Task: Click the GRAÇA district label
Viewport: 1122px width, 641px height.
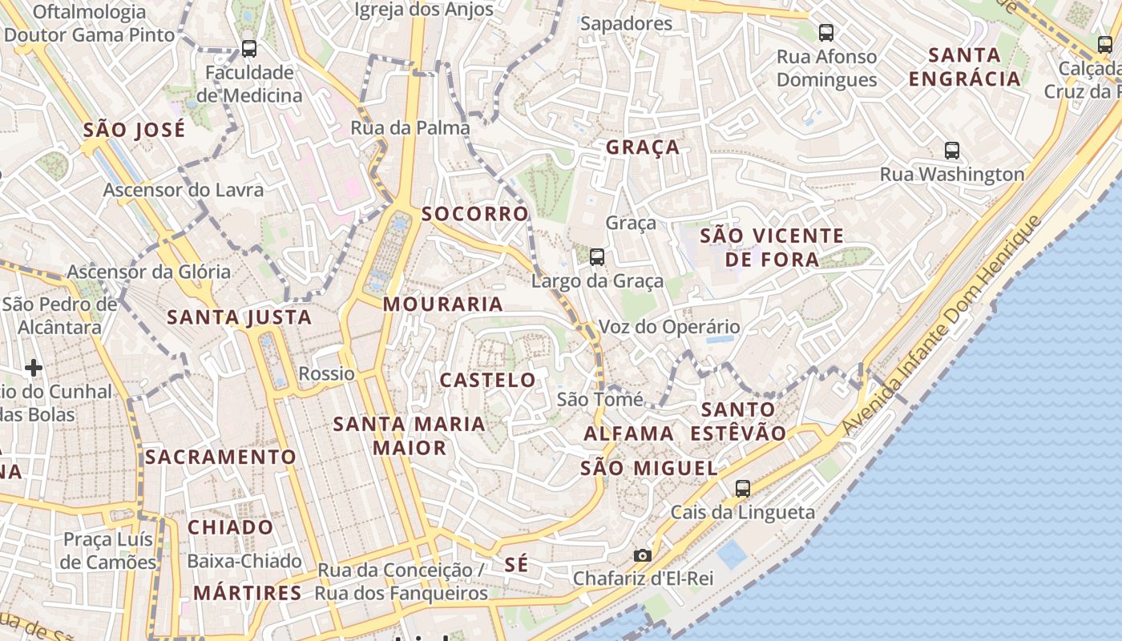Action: pos(643,147)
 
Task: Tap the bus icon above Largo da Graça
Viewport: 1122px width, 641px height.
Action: pos(597,257)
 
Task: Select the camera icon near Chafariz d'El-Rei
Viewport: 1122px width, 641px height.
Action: pos(642,555)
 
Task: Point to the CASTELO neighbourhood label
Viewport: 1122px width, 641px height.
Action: pos(488,380)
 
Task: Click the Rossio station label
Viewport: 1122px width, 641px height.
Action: pos(326,373)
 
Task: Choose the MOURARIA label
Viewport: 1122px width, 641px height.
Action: pos(443,304)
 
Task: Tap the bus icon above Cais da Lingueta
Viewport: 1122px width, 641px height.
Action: pos(743,488)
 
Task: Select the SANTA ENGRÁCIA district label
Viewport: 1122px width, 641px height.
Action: pos(965,67)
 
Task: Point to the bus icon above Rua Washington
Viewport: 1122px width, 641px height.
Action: pos(952,150)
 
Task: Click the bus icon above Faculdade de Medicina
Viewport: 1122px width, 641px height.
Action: pos(249,49)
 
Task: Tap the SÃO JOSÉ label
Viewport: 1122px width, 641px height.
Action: pos(135,130)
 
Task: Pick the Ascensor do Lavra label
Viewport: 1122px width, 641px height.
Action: pos(184,191)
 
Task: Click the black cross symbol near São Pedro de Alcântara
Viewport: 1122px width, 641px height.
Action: pos(34,368)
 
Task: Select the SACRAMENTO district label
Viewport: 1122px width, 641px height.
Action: pos(221,457)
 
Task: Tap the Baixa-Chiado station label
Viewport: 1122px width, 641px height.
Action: pos(244,561)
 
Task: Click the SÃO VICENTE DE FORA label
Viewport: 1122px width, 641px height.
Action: pos(772,248)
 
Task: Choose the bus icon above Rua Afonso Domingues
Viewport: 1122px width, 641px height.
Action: pos(826,33)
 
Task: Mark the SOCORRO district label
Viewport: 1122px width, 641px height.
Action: pos(475,214)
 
